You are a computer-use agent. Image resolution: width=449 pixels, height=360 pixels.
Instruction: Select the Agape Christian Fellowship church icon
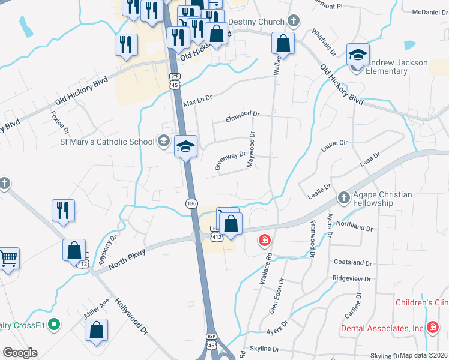343,197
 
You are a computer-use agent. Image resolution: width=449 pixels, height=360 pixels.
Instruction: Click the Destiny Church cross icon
293,22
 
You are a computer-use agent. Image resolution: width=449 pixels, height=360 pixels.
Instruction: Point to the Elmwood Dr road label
242,114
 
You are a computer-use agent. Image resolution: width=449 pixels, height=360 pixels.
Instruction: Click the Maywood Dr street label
253,150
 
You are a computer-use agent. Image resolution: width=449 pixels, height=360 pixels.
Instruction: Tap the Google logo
20,353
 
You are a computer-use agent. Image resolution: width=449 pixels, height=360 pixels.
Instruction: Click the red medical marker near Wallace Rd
264,241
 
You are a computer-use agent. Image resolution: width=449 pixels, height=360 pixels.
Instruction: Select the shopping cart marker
8,259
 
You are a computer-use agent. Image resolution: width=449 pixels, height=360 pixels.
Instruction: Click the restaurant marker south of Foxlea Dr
63,211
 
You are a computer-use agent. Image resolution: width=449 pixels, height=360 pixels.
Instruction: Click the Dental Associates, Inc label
382,328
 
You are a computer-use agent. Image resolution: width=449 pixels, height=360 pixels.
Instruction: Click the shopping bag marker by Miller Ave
96,330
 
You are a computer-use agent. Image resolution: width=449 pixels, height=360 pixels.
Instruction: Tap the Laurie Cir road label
334,145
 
